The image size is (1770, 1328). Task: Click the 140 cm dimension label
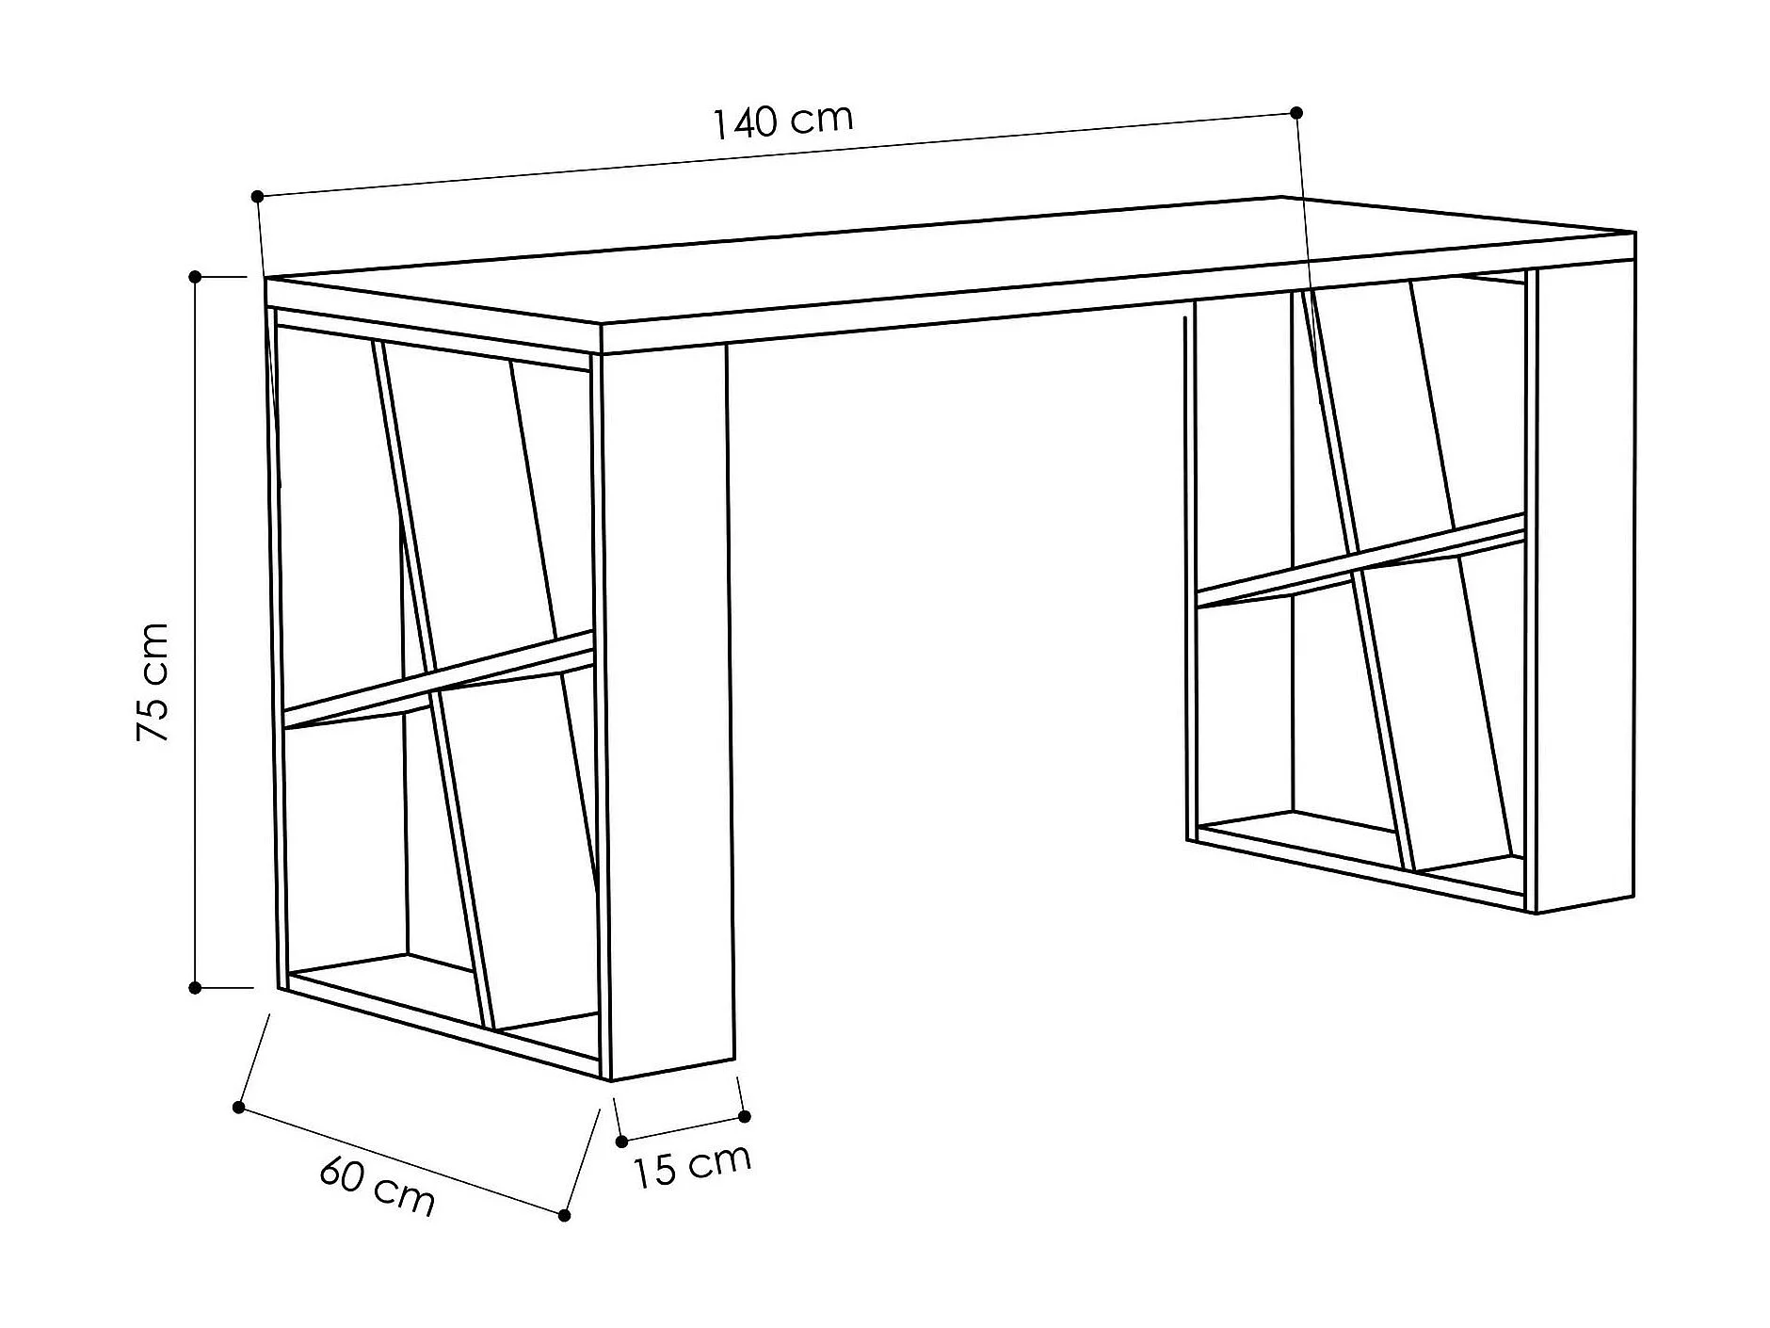(x=782, y=121)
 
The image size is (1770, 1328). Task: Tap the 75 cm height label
(x=153, y=682)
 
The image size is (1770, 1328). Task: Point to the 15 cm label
(x=692, y=1166)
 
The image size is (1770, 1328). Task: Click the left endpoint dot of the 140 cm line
(x=257, y=196)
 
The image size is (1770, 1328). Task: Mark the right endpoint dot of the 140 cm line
(x=1296, y=113)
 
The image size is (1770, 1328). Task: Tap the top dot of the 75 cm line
(x=195, y=277)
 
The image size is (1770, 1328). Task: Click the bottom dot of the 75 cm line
(x=195, y=988)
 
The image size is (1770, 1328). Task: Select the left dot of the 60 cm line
(x=239, y=1108)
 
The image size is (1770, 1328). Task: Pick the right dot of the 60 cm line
(x=565, y=1216)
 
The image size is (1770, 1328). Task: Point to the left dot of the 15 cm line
(x=621, y=1142)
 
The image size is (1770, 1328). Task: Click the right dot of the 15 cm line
(x=745, y=1117)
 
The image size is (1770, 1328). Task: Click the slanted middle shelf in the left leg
(x=440, y=678)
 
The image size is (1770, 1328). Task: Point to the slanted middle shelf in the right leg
(x=1360, y=560)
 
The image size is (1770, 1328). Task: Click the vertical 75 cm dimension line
(x=195, y=633)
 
